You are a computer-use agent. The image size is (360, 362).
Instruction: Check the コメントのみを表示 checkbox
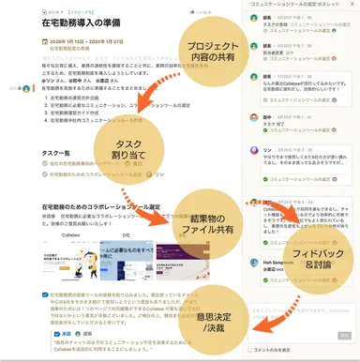248,349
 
